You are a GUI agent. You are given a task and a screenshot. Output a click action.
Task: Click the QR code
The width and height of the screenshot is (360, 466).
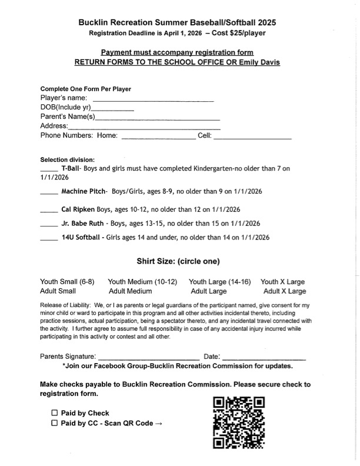(x=238, y=422)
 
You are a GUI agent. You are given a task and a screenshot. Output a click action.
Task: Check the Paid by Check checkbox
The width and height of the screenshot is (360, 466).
(x=55, y=413)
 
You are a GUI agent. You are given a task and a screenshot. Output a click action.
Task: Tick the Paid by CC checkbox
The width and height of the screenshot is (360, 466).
(x=55, y=423)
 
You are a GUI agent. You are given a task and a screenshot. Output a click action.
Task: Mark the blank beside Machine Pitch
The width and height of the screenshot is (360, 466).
(x=49, y=194)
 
